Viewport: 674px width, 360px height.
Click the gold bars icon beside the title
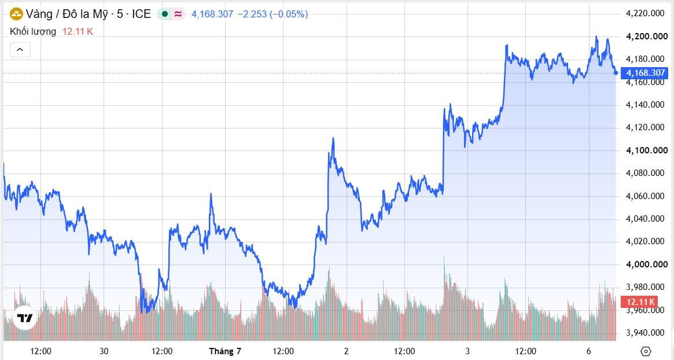(16, 14)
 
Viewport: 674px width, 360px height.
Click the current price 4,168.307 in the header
(212, 14)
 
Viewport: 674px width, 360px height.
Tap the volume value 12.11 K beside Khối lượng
(78, 31)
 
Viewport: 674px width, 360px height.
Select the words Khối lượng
(33, 31)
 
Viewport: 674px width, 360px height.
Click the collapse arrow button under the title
(20, 50)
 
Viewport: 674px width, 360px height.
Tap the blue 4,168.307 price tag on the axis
(644, 73)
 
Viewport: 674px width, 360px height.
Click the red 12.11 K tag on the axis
(640, 302)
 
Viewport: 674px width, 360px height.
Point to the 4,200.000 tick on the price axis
(647, 36)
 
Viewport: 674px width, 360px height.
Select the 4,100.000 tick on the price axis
(647, 150)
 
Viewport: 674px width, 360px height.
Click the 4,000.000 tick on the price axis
(647, 264)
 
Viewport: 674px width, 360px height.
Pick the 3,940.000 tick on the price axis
(645, 332)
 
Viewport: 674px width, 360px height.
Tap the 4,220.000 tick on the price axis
(645, 13)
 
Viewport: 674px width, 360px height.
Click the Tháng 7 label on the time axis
(225, 351)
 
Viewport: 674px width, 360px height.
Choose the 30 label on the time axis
(104, 351)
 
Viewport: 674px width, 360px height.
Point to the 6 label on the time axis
(589, 351)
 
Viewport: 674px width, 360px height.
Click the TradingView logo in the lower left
(24, 318)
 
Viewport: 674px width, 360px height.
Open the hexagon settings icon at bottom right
(646, 351)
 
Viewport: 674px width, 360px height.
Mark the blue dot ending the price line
(616, 73)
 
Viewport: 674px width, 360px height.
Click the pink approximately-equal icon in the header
(178, 14)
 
